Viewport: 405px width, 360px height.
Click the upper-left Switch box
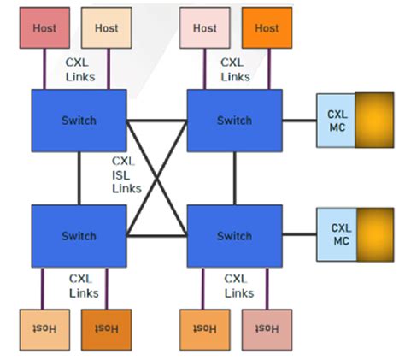tap(79, 121)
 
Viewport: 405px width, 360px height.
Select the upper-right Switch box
tap(234, 121)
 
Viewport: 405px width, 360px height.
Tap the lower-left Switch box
tap(79, 236)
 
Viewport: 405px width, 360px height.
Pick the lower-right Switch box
tap(234, 236)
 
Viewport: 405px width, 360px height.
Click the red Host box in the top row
tap(44, 28)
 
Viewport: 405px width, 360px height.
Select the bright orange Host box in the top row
tap(267, 28)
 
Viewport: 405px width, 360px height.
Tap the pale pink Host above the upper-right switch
tap(205, 28)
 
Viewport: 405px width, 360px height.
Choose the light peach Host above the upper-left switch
tap(106, 28)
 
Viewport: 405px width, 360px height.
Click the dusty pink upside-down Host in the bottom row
tap(267, 329)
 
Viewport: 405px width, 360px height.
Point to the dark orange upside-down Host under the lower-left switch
tap(106, 329)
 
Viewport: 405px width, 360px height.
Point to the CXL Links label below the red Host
tap(79, 70)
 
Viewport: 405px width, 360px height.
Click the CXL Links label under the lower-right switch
tap(237, 286)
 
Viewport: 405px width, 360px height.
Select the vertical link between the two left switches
tap(79, 178)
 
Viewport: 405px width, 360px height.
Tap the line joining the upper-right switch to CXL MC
tap(299, 121)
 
